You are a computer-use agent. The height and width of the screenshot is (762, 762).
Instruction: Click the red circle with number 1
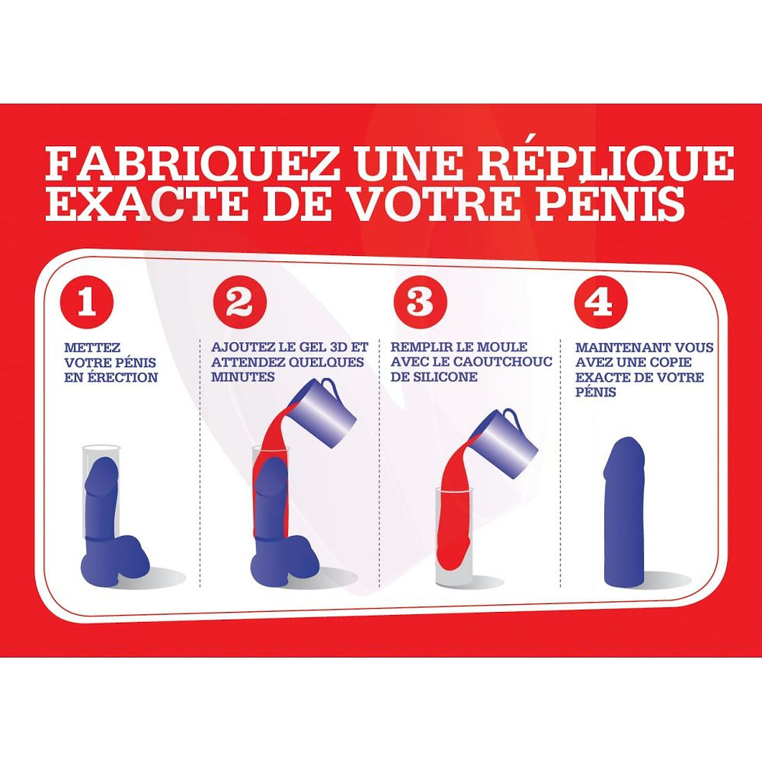coord(87,302)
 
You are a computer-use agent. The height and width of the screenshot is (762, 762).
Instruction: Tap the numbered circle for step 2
coord(239,302)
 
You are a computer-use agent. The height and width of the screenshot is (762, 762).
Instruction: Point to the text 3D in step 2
coord(337,348)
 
